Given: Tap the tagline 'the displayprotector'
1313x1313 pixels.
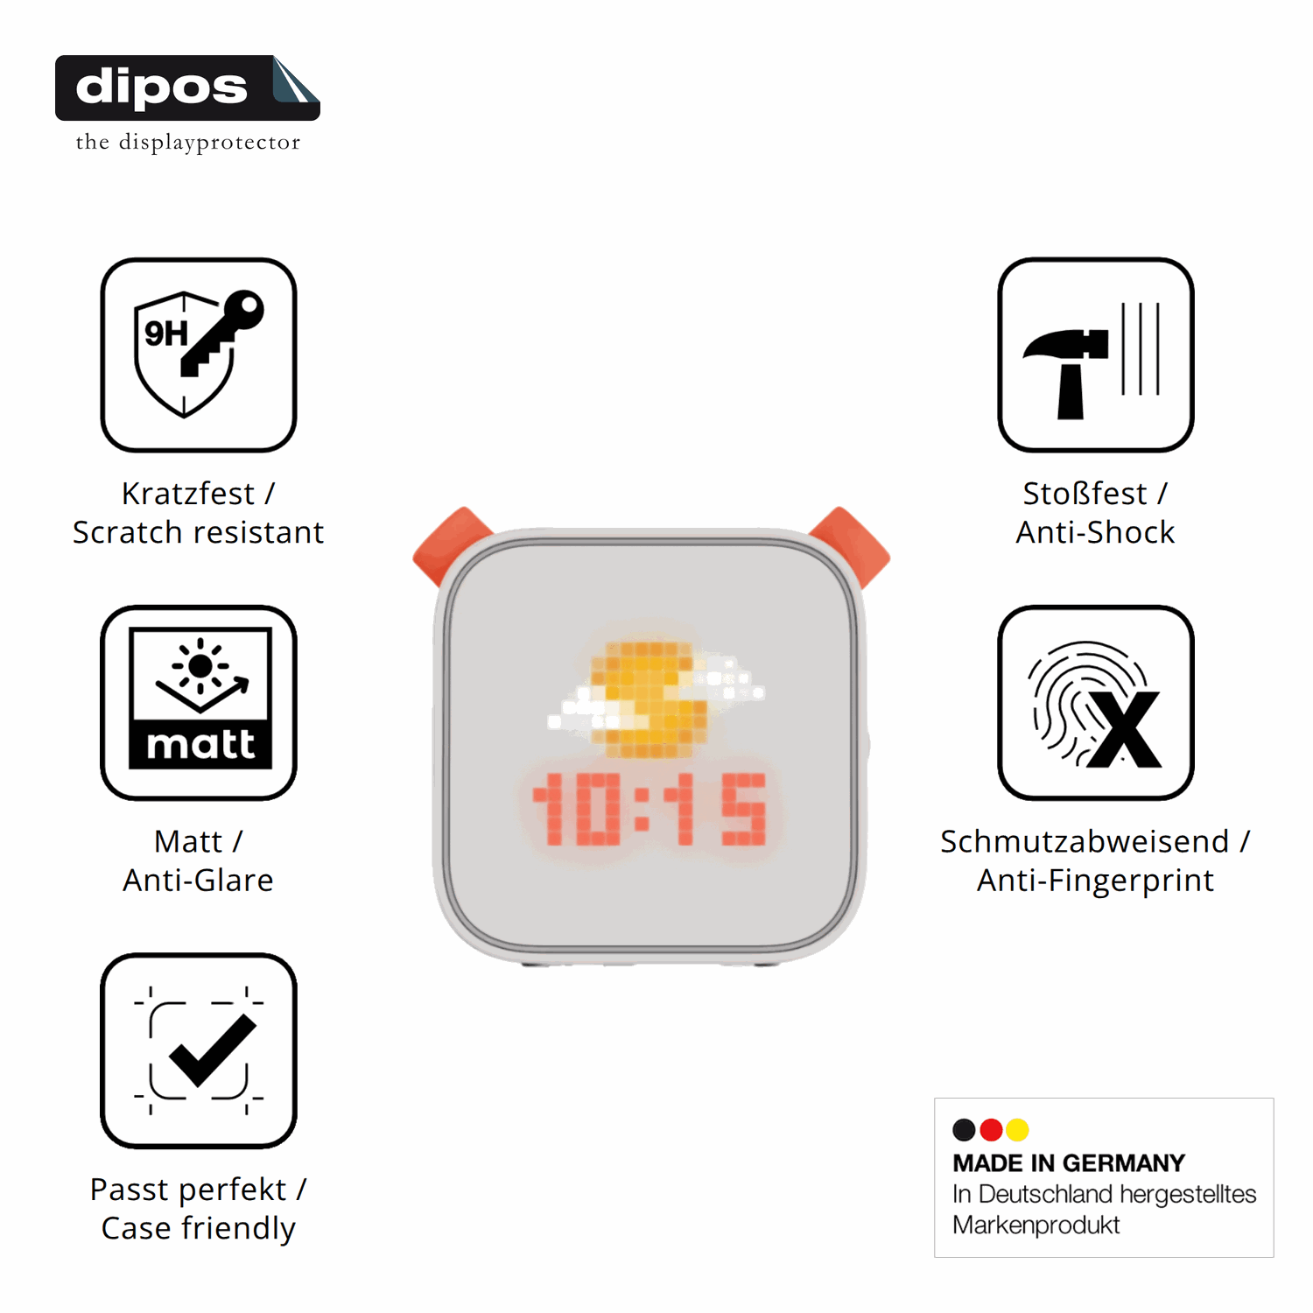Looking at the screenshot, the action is (188, 142).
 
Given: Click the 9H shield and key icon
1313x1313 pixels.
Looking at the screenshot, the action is (199, 355).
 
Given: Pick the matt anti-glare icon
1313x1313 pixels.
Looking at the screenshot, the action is (199, 702).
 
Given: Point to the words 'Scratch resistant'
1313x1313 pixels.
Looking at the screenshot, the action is (199, 532).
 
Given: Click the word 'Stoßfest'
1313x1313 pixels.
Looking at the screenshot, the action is (1085, 494).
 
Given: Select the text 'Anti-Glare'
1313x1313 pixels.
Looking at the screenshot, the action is (199, 880).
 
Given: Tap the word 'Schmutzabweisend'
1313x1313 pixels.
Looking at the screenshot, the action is (1085, 841).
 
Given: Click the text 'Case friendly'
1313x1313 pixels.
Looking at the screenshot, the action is (199, 1228).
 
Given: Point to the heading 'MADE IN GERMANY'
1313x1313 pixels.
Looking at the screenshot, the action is (1069, 1163).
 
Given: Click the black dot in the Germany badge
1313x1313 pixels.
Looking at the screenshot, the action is (964, 1130).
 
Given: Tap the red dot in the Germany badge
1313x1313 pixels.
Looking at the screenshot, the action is (991, 1130).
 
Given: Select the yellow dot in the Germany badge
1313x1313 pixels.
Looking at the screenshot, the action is (1017, 1130).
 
